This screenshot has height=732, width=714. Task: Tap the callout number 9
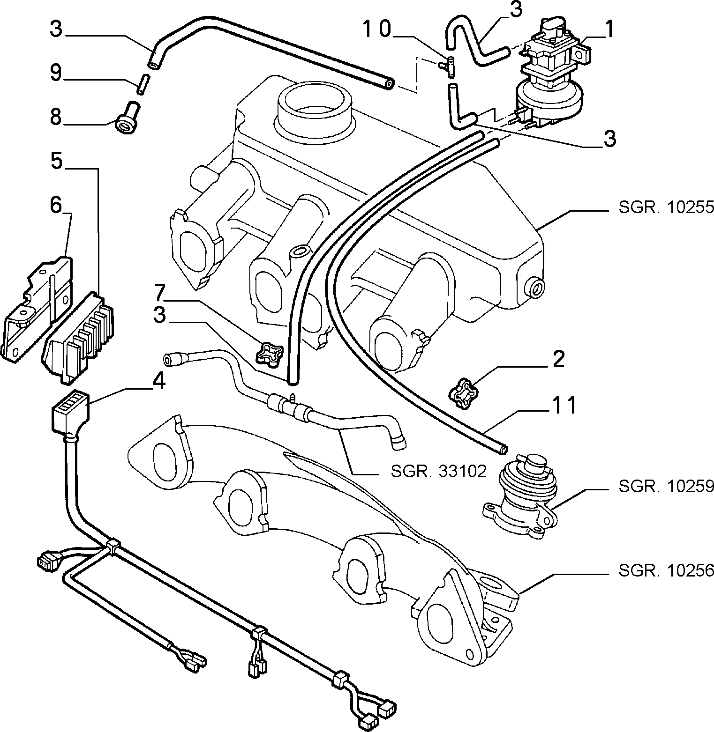pos(56,73)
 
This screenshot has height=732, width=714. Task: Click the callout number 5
pos(56,162)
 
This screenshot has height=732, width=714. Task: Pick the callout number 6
pos(56,205)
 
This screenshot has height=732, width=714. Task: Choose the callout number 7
pos(159,292)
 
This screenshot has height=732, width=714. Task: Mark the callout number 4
pos(159,381)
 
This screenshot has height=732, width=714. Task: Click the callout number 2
pos(558,359)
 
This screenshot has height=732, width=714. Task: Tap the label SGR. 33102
pos(439,471)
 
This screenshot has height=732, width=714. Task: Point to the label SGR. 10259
pos(666,487)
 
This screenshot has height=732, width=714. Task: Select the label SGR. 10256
pos(666,570)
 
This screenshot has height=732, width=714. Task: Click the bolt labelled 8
pos(128,118)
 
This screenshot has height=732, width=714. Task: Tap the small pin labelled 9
pos(143,84)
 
